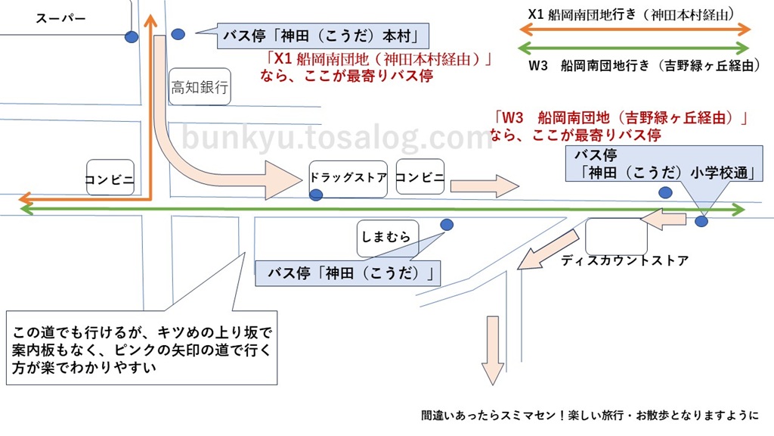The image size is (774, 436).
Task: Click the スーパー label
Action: click(60, 19)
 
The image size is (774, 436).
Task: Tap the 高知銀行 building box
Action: click(200, 87)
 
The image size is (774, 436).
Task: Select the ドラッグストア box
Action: click(348, 179)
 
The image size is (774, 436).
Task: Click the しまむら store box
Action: click(388, 238)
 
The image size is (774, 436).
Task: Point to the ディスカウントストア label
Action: click(624, 260)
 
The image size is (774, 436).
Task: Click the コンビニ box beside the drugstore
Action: click(420, 176)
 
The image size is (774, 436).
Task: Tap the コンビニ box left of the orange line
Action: click(110, 177)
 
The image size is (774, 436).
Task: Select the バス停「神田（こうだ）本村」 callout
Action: click(323, 36)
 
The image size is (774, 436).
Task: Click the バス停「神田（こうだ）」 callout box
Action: click(348, 273)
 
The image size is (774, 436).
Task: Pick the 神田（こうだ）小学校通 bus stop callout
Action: click(664, 163)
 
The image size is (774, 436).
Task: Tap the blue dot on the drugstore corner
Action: click(316, 195)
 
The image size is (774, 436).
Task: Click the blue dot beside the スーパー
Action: click(132, 36)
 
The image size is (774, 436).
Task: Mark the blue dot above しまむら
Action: click(447, 225)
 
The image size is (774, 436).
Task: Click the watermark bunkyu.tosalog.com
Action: click(337, 138)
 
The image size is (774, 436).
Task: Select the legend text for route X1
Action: click(631, 15)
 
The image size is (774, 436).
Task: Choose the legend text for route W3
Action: click(644, 65)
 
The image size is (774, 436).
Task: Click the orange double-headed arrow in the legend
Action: click(635, 30)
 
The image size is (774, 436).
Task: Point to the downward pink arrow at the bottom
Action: click(493, 350)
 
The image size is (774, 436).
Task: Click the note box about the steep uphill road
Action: click(141, 348)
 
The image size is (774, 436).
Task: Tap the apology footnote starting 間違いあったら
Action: click(590, 416)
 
